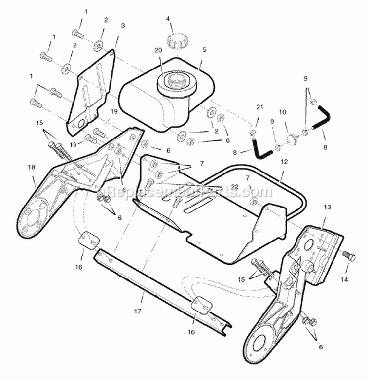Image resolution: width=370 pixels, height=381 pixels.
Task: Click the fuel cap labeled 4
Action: [x=175, y=40]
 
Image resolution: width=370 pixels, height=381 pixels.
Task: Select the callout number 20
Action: [x=158, y=50]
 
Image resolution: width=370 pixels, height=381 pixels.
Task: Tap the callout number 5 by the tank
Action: [x=204, y=49]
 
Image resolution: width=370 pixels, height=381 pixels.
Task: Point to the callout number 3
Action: [x=123, y=25]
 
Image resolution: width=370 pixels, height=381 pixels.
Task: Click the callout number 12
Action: [x=284, y=161]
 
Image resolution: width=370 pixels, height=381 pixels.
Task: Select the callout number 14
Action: [x=344, y=279]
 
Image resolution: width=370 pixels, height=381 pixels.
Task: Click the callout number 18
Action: [x=32, y=167]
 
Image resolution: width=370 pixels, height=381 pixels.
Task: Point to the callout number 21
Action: [x=260, y=107]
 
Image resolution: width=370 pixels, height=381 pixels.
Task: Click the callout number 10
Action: [x=283, y=112]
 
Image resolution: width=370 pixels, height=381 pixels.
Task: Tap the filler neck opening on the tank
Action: [x=174, y=79]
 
